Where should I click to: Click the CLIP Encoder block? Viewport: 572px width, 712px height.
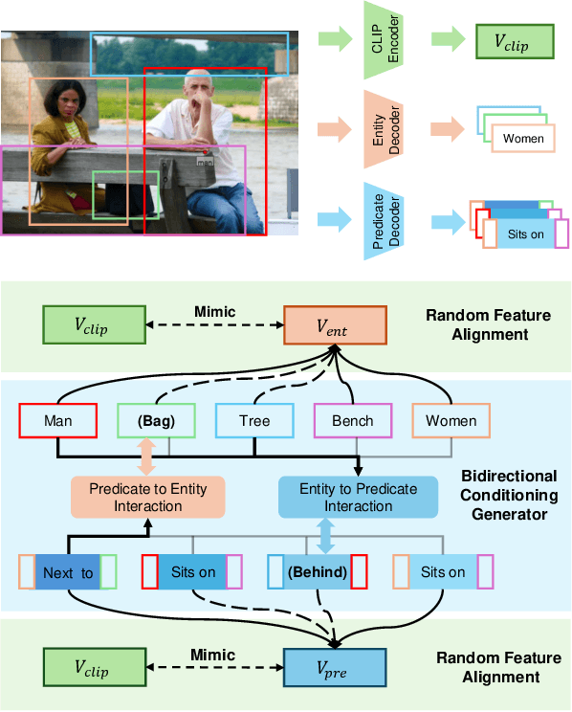click(385, 39)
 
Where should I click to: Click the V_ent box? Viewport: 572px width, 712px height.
click(335, 325)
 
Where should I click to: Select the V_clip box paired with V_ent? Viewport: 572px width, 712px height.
click(93, 325)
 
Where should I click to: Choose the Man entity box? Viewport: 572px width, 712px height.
click(57, 421)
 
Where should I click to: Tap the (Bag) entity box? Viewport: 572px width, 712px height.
click(154, 421)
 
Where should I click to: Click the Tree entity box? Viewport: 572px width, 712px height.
click(253, 421)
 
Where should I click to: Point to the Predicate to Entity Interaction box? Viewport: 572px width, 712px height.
click(146, 496)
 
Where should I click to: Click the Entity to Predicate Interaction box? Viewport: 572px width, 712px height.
click(358, 496)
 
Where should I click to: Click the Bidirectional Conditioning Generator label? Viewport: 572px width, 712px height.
click(508, 495)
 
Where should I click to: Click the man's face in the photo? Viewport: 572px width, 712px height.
click(198, 89)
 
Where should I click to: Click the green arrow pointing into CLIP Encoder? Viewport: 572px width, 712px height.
click(334, 39)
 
